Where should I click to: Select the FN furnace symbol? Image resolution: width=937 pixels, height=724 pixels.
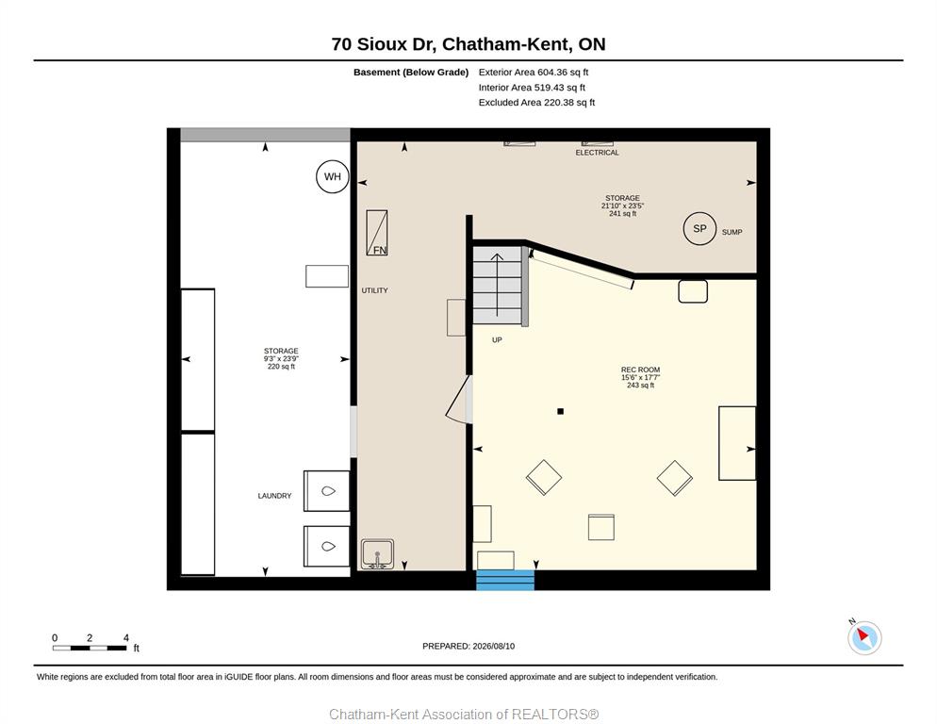(x=376, y=233)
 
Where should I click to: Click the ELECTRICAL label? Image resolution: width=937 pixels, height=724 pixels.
(x=597, y=153)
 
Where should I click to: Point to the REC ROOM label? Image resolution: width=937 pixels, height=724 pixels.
(x=640, y=370)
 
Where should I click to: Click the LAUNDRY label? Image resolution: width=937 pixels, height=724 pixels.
(x=274, y=496)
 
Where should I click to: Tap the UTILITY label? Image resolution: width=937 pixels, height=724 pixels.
(x=374, y=290)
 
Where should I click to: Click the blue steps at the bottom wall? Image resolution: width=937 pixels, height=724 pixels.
(x=505, y=580)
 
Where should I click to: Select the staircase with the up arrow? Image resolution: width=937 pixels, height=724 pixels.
(x=497, y=286)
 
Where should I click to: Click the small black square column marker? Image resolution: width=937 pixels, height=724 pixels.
(x=561, y=411)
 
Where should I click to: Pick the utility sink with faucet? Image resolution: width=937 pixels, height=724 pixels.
(x=377, y=554)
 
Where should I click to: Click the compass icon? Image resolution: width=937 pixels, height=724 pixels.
(x=864, y=637)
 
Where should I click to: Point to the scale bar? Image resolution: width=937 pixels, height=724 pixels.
(x=90, y=648)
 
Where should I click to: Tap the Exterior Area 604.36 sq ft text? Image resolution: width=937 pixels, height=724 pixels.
(x=533, y=73)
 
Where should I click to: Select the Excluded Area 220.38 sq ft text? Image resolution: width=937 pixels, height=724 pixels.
(x=536, y=102)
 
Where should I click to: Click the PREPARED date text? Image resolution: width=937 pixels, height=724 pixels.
(x=468, y=647)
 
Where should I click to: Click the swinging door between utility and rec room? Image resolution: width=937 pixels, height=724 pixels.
(x=459, y=400)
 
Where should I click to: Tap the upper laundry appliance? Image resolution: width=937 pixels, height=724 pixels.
(x=326, y=491)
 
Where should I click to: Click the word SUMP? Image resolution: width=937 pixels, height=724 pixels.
(x=732, y=232)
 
